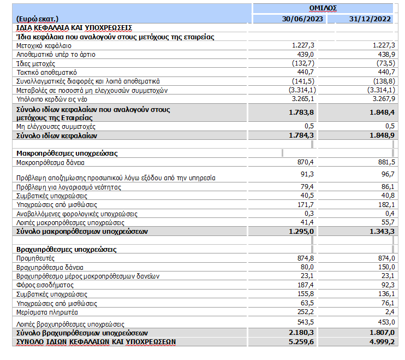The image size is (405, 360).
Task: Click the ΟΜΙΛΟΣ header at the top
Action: click(323, 8)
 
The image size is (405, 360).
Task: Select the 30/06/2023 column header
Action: click(303, 19)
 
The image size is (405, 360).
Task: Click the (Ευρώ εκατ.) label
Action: click(38, 19)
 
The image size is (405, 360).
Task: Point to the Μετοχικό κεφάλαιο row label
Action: click(41, 46)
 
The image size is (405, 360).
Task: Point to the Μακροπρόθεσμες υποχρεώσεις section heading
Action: click(67, 154)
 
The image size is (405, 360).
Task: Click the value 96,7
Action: click(386, 174)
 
